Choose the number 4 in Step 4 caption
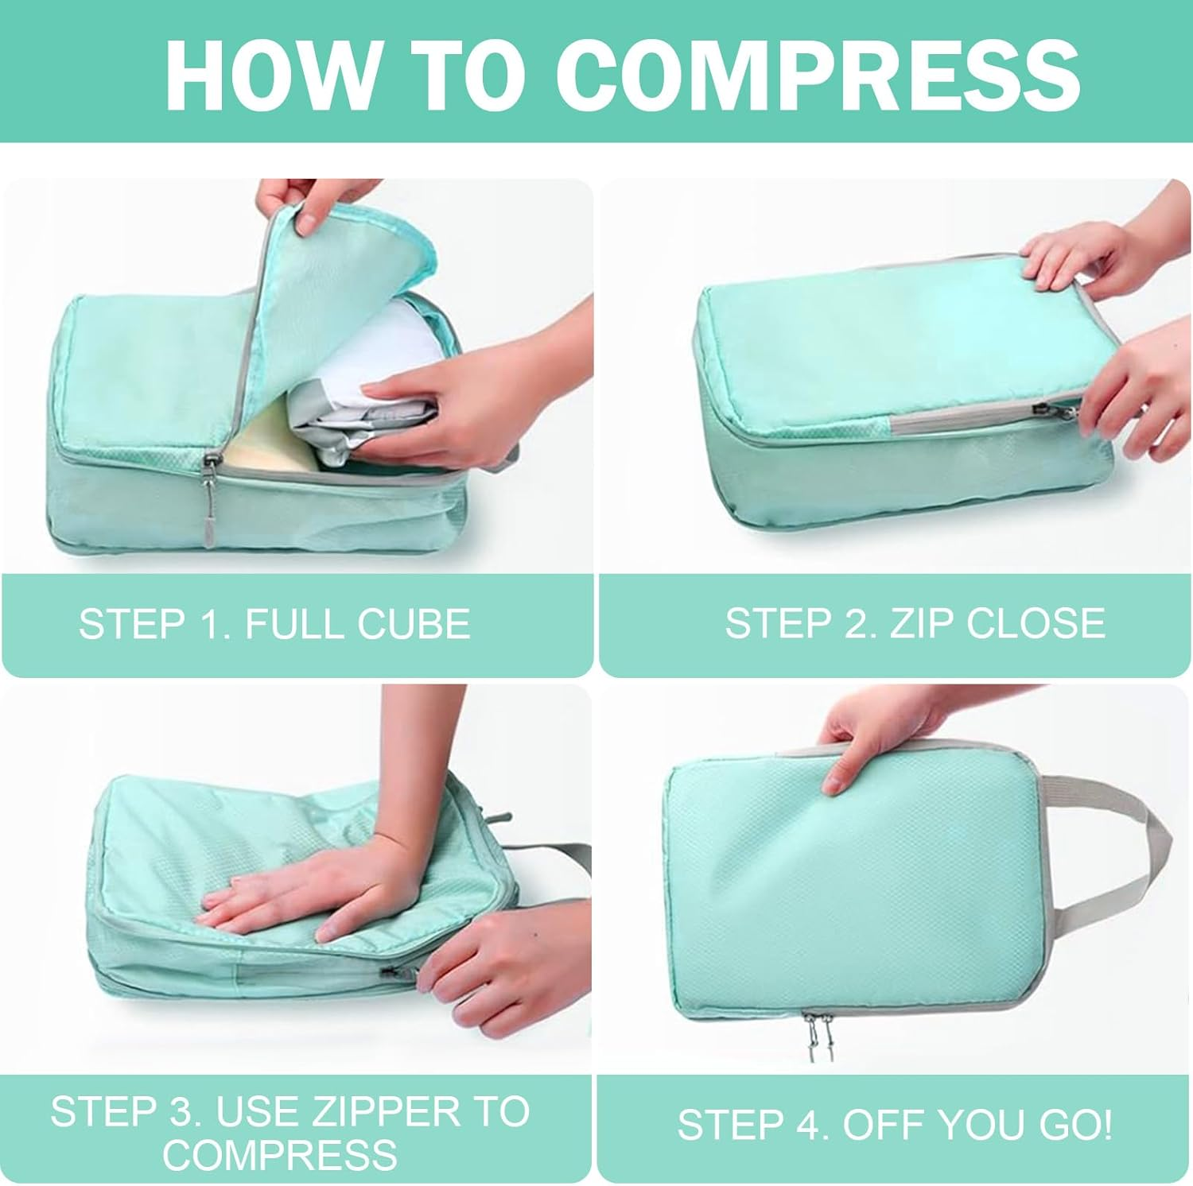coord(814,1125)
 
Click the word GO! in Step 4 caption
coord(1074,1125)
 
